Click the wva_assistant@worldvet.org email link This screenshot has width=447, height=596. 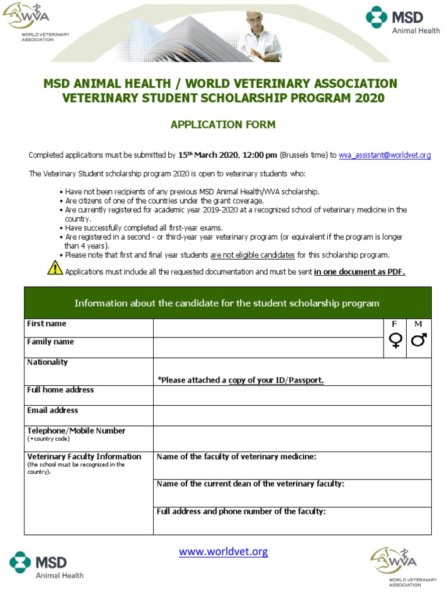[x=385, y=155]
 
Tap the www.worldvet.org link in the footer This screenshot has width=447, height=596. [x=223, y=551]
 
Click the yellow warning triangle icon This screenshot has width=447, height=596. [x=55, y=268]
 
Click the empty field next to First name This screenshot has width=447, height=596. [x=268, y=328]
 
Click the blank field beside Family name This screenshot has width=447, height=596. [x=268, y=347]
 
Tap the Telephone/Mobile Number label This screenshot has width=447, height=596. [x=76, y=431]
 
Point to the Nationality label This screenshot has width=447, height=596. [x=48, y=362]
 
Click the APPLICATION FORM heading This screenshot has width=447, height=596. [x=223, y=125]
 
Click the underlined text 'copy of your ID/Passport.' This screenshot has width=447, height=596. [x=276, y=380]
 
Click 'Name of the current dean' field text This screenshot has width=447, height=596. [x=250, y=484]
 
